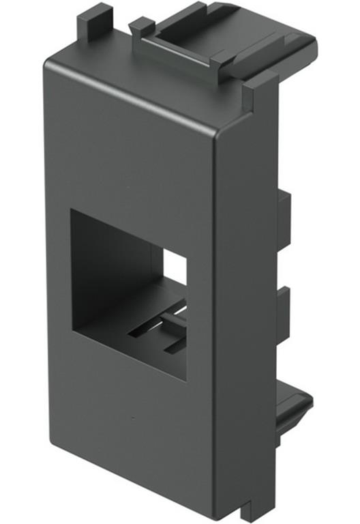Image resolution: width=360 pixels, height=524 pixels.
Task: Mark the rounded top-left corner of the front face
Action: point(49,63)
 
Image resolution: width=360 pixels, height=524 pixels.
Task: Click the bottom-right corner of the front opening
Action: point(186,380)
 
